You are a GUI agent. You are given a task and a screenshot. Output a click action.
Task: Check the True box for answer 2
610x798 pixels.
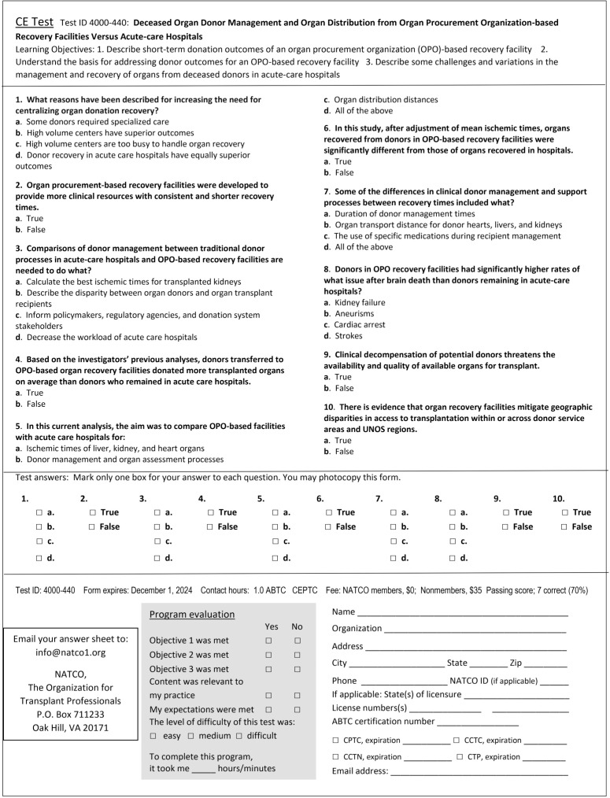94,512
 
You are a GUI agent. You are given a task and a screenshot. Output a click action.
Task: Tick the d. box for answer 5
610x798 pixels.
275,558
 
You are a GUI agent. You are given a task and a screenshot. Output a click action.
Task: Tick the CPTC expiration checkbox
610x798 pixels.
336,741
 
